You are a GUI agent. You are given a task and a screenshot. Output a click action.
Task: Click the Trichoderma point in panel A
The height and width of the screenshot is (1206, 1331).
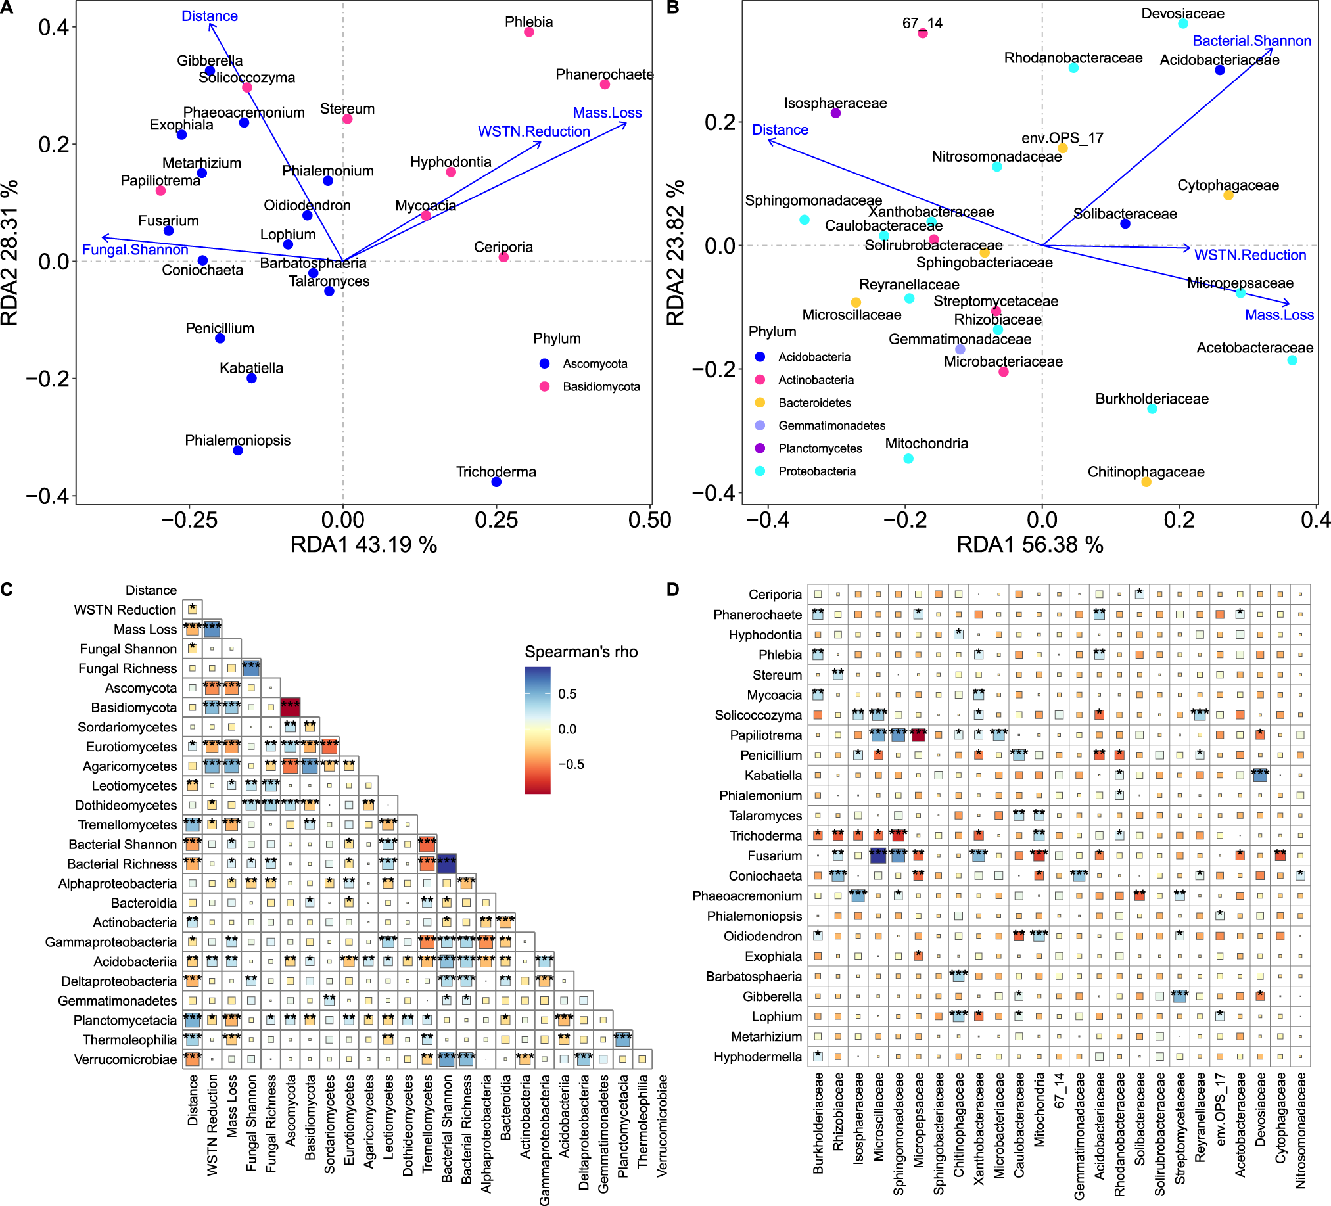(496, 482)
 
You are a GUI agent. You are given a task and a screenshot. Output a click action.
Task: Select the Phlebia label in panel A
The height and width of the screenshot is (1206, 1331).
(528, 22)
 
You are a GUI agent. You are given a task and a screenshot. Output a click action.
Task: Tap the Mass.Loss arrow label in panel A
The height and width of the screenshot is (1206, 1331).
(607, 113)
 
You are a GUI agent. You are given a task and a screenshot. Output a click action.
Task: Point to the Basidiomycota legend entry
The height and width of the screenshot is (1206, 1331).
(601, 387)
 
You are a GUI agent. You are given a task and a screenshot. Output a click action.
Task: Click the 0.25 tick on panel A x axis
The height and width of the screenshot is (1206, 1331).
(496, 520)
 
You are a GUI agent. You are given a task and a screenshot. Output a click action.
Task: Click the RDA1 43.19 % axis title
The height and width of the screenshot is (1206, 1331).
(363, 545)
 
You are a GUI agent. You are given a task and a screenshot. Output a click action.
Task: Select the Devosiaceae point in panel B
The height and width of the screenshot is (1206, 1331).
(1183, 24)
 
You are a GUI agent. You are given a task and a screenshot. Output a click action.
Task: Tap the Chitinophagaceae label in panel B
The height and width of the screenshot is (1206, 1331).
(1146, 472)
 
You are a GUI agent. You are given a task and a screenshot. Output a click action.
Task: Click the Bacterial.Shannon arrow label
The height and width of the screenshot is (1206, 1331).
(1251, 41)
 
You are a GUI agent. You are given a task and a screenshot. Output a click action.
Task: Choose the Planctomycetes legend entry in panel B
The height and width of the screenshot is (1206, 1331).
(820, 449)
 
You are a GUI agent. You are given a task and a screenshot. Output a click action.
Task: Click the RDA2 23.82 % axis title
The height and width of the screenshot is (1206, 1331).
(676, 253)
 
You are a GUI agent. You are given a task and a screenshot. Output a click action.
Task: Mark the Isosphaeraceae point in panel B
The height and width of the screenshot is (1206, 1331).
(835, 114)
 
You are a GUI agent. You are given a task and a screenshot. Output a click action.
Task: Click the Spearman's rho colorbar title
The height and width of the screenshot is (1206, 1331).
(581, 652)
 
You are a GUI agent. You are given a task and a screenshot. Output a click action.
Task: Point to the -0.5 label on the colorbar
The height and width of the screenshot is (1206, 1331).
(567, 764)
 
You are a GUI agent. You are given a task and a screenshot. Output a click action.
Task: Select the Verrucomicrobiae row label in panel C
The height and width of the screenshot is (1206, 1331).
(126, 1060)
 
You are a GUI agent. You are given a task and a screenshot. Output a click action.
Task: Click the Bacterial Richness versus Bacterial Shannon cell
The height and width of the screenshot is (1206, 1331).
(447, 863)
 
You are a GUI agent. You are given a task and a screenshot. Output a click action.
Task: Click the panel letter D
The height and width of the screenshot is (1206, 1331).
(672, 590)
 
